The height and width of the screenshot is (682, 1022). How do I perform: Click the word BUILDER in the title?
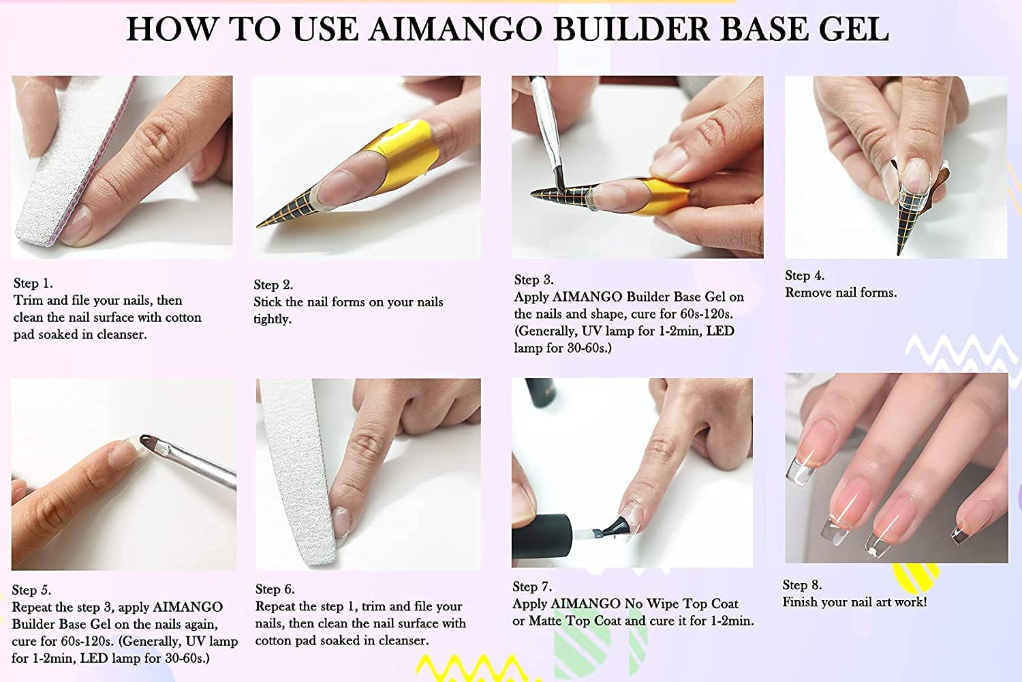pyautogui.click(x=632, y=29)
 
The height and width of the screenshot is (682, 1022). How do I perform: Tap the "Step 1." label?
pyautogui.click(x=33, y=283)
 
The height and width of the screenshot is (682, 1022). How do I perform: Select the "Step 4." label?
pyautogui.click(x=805, y=276)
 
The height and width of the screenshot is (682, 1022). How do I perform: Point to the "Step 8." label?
pyautogui.click(x=802, y=584)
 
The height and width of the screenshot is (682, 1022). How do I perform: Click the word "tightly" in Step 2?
pyautogui.click(x=273, y=319)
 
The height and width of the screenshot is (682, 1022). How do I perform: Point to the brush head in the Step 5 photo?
pyautogui.click(x=153, y=442)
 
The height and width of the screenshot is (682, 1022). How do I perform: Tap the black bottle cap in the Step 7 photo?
pyautogui.click(x=542, y=539)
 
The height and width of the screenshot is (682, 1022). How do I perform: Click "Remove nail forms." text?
pyautogui.click(x=841, y=293)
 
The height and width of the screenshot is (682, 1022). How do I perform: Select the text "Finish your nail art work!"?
pyautogui.click(x=854, y=602)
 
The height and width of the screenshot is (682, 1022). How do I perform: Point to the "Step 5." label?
pyautogui.click(x=31, y=590)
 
